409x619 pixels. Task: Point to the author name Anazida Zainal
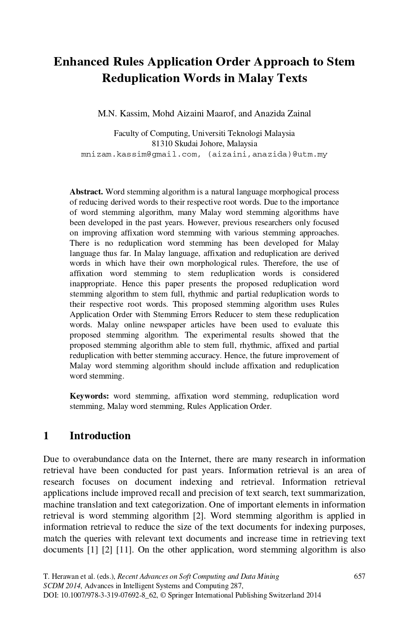tap(282, 113)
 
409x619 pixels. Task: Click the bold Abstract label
tap(86, 192)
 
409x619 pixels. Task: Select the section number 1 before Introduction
tap(46, 436)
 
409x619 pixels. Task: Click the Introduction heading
tap(100, 436)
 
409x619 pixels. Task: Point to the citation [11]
tap(124, 549)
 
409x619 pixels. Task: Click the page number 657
tap(359, 576)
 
